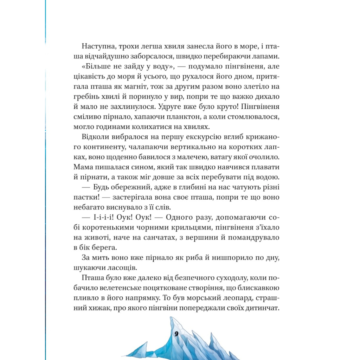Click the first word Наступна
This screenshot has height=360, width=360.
97,46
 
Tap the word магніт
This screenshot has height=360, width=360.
145,86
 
